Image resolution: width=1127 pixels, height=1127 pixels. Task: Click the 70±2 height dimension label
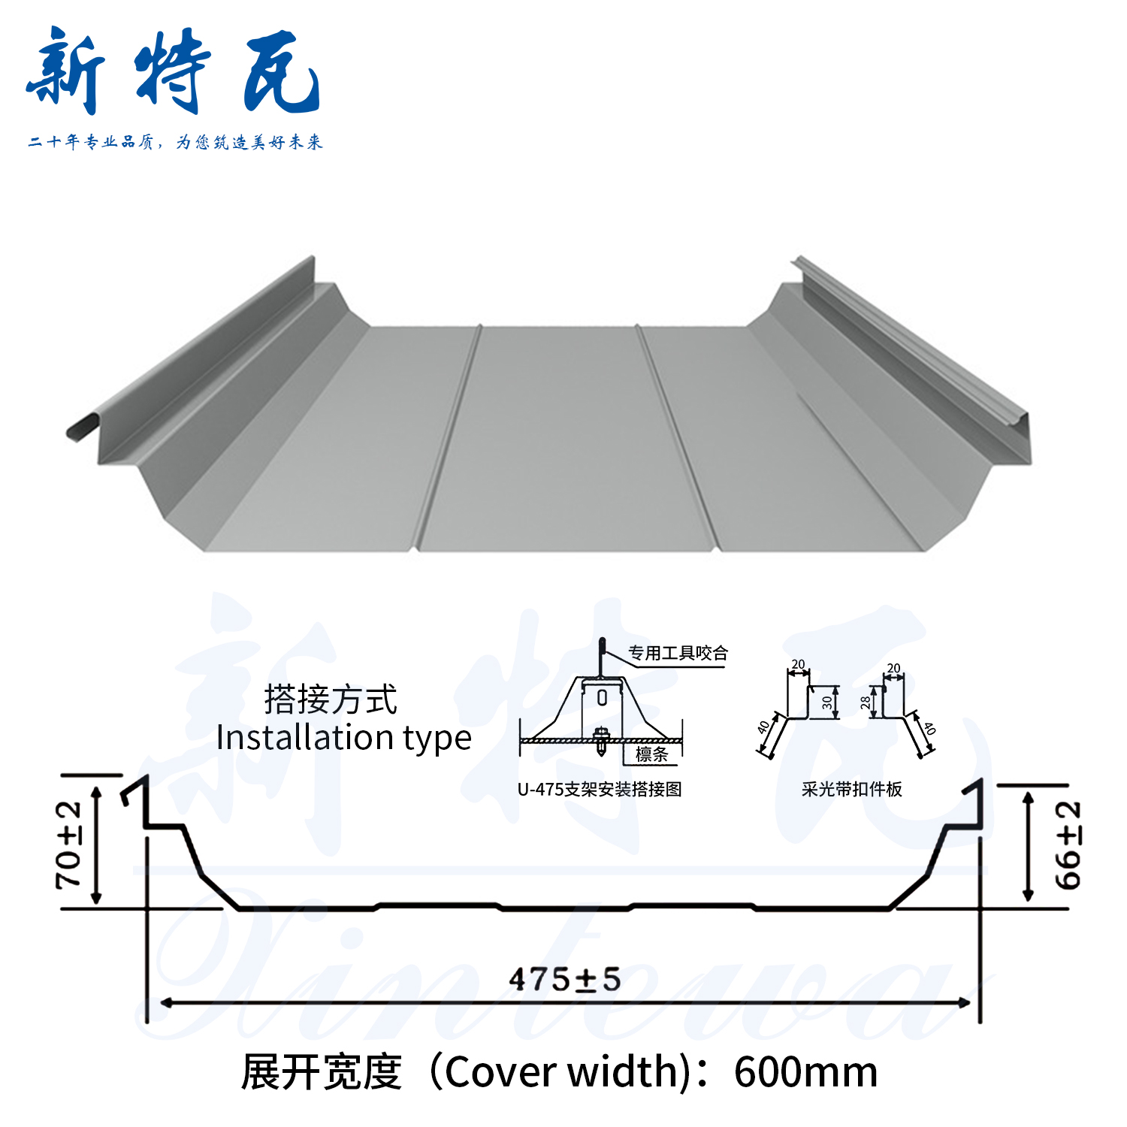[69, 844]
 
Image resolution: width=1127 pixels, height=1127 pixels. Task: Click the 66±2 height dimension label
[1068, 844]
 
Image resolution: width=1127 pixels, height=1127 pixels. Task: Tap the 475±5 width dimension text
[564, 979]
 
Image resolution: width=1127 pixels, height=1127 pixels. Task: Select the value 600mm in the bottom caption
[805, 1072]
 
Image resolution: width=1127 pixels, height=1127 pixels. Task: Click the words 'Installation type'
[343, 738]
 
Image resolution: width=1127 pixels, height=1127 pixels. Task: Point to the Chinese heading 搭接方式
[331, 699]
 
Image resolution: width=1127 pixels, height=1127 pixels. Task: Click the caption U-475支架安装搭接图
[599, 789]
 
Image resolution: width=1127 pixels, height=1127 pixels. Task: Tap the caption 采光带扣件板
[851, 789]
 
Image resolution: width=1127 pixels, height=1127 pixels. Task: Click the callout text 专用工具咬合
[678, 653]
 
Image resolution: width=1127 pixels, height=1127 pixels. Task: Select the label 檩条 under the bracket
[651, 754]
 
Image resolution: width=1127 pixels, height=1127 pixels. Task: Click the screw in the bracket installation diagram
[600, 740]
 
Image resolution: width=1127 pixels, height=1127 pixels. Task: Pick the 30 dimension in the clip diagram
[827, 702]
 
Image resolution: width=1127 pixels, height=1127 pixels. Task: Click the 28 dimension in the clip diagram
[866, 702]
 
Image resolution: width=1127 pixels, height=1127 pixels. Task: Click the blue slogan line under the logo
[175, 142]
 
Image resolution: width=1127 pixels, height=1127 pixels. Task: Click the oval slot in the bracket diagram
[602, 698]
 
